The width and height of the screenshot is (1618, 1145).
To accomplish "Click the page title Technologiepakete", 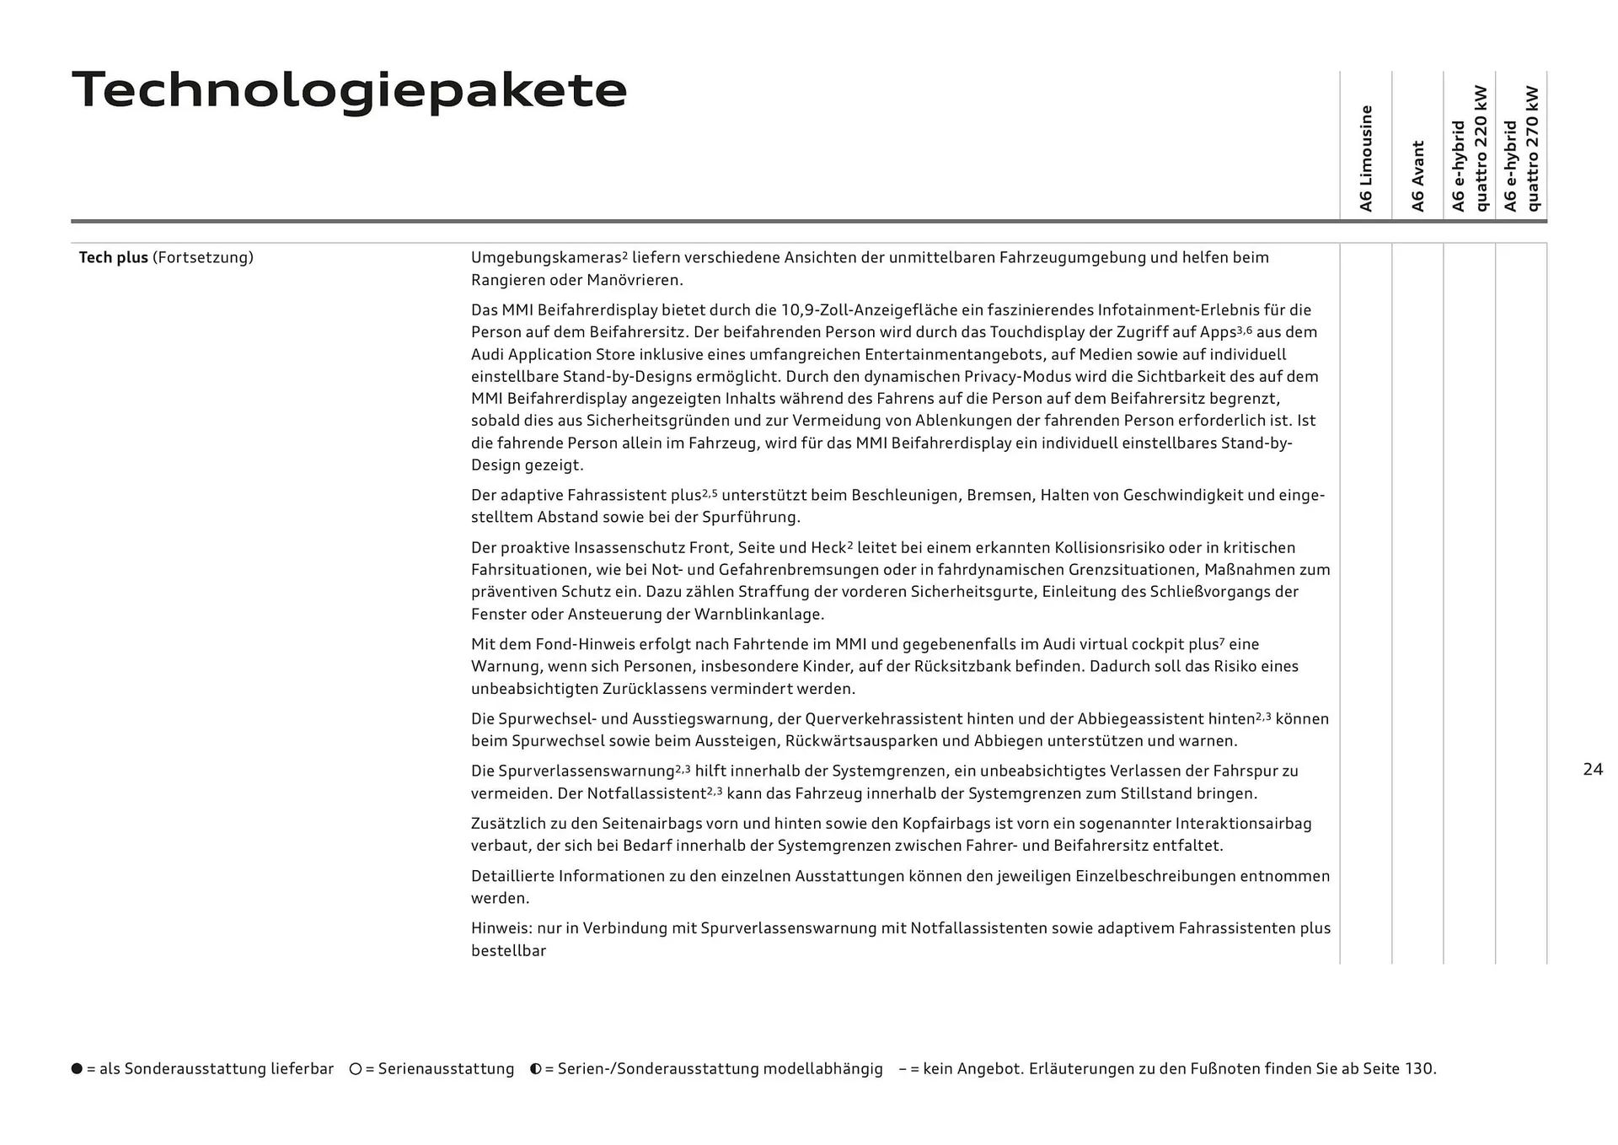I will (x=350, y=90).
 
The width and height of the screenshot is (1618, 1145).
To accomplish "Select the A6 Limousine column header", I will (x=1366, y=159).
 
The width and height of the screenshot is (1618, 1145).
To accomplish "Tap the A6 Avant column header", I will (x=1417, y=175).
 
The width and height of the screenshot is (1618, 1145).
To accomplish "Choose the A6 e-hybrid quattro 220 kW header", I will (x=1469, y=148).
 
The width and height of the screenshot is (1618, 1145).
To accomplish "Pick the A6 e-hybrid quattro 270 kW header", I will (x=1521, y=149).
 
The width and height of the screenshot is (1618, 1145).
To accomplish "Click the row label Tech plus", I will (x=113, y=257).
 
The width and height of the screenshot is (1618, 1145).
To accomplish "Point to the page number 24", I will (x=1593, y=769).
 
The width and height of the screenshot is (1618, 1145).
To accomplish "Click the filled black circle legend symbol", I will (x=77, y=1068).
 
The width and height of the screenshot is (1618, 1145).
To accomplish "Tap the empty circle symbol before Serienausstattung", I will (x=356, y=1068).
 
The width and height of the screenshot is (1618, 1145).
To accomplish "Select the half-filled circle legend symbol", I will (x=536, y=1068).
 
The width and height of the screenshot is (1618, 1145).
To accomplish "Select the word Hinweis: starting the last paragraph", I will (x=501, y=928).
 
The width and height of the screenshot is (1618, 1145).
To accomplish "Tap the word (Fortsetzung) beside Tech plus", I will (x=202, y=257).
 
